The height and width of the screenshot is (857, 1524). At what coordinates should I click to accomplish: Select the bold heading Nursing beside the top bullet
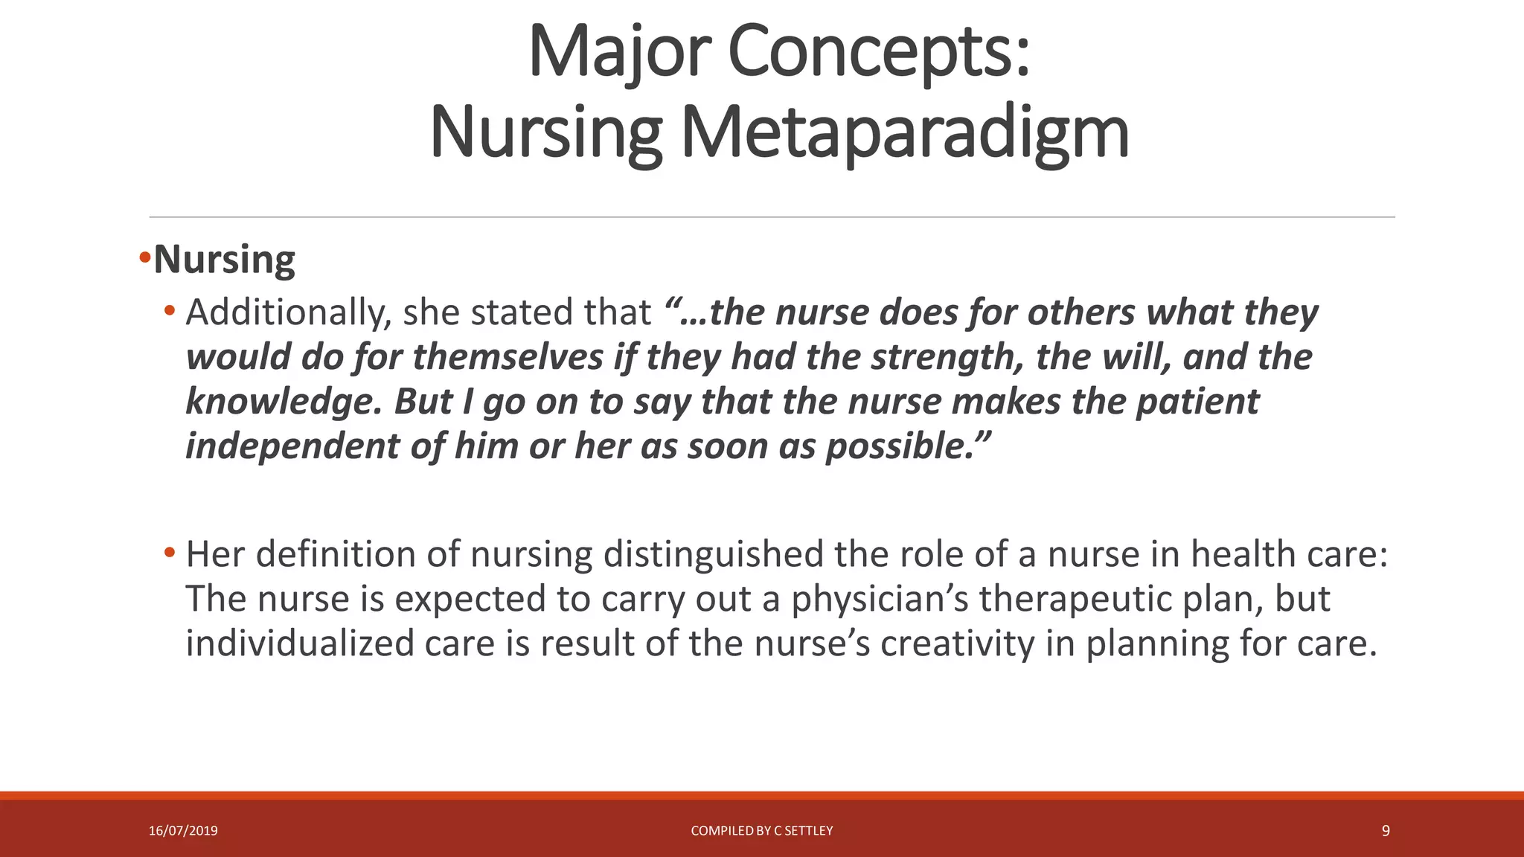pyautogui.click(x=224, y=260)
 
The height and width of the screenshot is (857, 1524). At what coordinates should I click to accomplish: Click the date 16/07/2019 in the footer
pyautogui.click(x=183, y=831)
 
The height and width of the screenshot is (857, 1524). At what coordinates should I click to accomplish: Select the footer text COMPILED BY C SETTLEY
pyautogui.click(x=762, y=831)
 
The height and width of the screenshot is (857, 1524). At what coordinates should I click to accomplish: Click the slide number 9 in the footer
pyautogui.click(x=1386, y=831)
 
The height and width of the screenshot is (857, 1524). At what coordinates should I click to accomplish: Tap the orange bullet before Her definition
pyautogui.click(x=170, y=553)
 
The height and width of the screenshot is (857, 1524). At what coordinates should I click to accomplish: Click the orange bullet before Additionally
pyautogui.click(x=170, y=310)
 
